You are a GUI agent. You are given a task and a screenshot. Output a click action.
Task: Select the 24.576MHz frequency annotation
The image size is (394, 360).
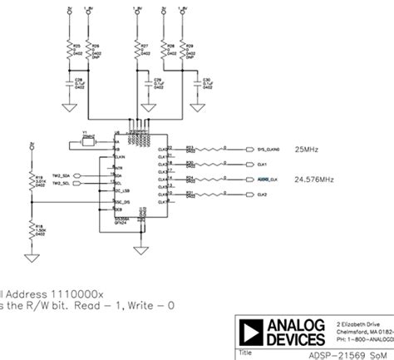coord(314,179)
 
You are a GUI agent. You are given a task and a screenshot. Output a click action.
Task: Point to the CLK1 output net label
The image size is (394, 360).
coord(263,165)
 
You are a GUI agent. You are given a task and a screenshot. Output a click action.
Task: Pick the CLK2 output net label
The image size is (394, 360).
coord(263,195)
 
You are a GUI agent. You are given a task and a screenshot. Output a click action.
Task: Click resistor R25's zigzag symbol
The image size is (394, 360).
coord(71,52)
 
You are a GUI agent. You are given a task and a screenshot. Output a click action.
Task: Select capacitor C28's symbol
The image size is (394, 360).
coord(71,83)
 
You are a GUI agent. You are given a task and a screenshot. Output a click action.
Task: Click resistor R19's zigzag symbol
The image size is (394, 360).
coord(32,180)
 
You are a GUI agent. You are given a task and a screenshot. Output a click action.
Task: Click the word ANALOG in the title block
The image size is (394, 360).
coord(297,323)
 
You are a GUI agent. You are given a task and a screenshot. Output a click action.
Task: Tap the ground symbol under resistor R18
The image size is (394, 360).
coord(32,257)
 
